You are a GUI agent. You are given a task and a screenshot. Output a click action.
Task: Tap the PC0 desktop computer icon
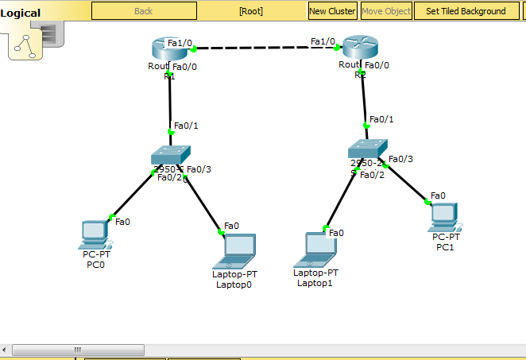tap(95, 234)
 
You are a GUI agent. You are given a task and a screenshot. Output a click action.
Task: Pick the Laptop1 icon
tap(316, 249)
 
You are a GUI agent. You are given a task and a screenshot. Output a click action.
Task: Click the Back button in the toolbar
tap(144, 11)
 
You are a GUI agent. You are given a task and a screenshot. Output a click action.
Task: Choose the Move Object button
tap(386, 11)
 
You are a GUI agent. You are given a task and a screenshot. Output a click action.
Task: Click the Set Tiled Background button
tap(466, 11)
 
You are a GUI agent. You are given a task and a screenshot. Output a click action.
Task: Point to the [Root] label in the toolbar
tap(250, 11)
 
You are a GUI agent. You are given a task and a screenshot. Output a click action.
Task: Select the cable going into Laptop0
tap(202, 205)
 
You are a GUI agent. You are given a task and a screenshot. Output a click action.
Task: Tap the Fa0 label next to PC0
tap(122, 222)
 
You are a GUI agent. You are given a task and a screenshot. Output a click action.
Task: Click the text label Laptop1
tap(315, 282)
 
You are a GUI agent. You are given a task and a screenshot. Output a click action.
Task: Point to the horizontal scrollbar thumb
tap(76, 349)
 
